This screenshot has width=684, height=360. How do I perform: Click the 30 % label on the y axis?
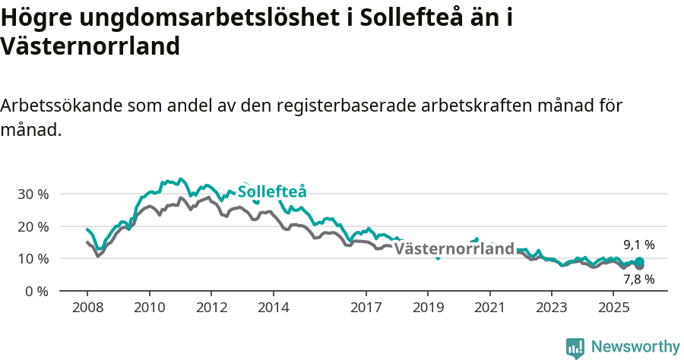[33, 194]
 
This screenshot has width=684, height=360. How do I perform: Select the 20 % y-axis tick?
[33, 226]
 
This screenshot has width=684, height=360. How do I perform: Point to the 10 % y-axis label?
[33, 258]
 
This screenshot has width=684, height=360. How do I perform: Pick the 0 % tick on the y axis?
[36, 291]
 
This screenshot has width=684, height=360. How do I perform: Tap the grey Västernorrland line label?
[454, 249]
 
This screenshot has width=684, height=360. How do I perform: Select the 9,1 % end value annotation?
[638, 245]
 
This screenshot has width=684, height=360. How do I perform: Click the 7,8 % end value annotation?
[638, 279]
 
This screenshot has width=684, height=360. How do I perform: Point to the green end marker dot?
[639, 261]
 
